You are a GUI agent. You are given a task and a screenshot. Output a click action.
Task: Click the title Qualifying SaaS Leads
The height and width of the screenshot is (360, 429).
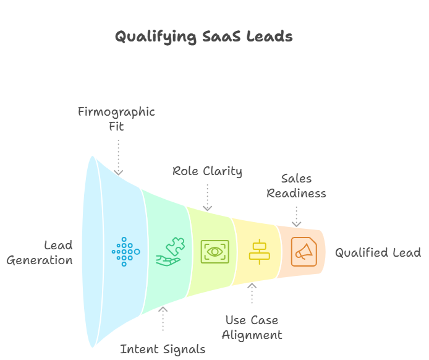(x=204, y=36)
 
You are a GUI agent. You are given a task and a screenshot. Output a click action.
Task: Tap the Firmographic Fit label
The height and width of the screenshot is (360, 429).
(x=116, y=119)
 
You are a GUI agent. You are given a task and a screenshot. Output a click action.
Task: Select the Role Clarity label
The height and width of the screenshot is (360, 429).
(x=207, y=171)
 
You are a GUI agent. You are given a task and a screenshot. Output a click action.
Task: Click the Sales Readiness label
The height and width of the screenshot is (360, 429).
(x=296, y=186)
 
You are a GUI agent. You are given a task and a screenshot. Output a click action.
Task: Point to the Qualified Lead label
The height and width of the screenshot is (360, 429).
(x=378, y=252)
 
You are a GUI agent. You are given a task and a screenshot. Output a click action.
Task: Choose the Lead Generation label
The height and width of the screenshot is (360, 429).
(x=40, y=252)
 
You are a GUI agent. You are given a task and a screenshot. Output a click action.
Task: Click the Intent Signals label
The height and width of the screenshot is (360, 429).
(x=163, y=349)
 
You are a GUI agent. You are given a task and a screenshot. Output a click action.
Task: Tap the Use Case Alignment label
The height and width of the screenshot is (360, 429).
(x=252, y=328)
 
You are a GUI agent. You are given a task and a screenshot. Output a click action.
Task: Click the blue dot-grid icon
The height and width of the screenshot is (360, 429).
(x=125, y=252)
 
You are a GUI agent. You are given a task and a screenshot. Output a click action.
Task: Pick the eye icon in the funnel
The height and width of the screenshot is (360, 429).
(x=214, y=252)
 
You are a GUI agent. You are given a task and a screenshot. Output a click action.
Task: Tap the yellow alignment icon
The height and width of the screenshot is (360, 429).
(x=259, y=252)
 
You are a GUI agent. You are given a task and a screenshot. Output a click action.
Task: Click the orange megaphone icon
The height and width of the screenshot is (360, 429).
(x=304, y=252)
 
